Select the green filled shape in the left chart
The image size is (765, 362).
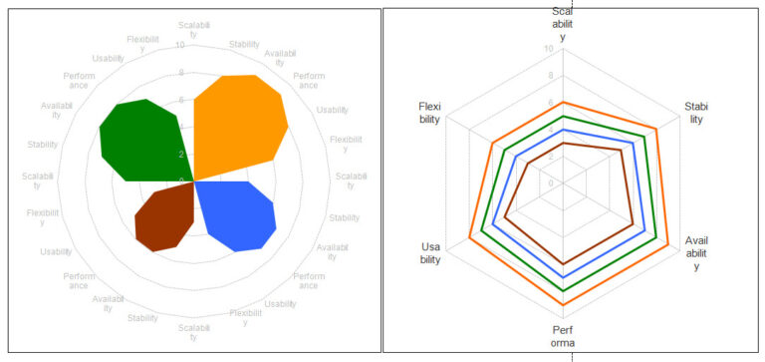tap(139, 140)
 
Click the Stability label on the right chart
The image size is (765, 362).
tap(696, 113)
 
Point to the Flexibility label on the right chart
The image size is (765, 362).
tap(430, 113)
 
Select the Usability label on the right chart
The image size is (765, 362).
tap(430, 253)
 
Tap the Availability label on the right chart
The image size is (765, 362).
tap(696, 253)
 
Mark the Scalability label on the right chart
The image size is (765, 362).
tap(563, 24)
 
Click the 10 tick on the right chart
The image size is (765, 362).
tap(550, 49)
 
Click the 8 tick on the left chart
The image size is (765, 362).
tap(181, 73)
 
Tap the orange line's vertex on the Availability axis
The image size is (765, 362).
tap(668, 243)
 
